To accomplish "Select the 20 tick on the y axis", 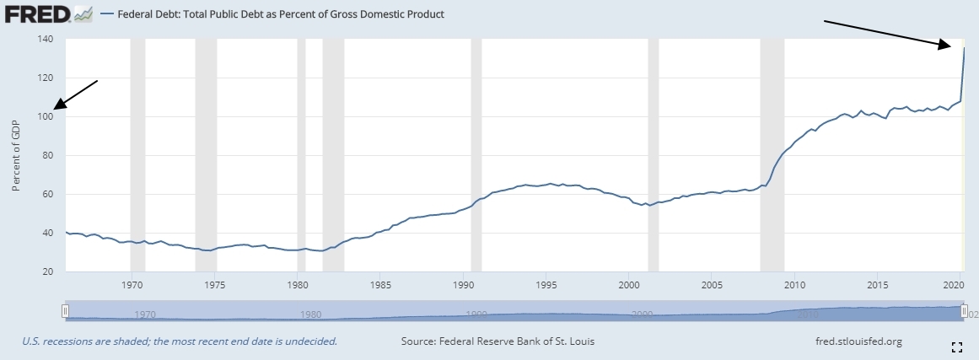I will click(x=49, y=272).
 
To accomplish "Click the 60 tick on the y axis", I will click(x=49, y=195).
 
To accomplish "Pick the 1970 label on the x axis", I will click(x=132, y=285).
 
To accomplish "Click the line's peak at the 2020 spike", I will click(x=964, y=48).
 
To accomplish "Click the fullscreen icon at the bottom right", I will click(x=957, y=347).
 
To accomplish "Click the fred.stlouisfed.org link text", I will click(x=854, y=341).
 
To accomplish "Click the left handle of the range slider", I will click(x=65, y=311).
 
